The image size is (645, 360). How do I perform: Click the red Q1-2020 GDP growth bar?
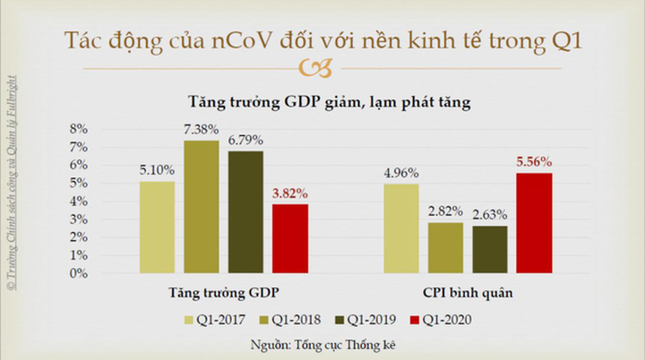click(289, 238)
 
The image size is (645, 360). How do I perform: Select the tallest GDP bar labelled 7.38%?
click(202, 207)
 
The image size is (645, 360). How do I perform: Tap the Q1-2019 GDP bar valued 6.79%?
click(245, 212)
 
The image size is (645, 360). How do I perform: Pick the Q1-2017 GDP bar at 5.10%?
click(158, 227)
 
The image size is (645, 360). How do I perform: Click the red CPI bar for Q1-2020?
click(534, 223)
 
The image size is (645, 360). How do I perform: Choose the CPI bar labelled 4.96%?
click(402, 228)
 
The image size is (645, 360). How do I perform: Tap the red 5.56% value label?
click(534, 163)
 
